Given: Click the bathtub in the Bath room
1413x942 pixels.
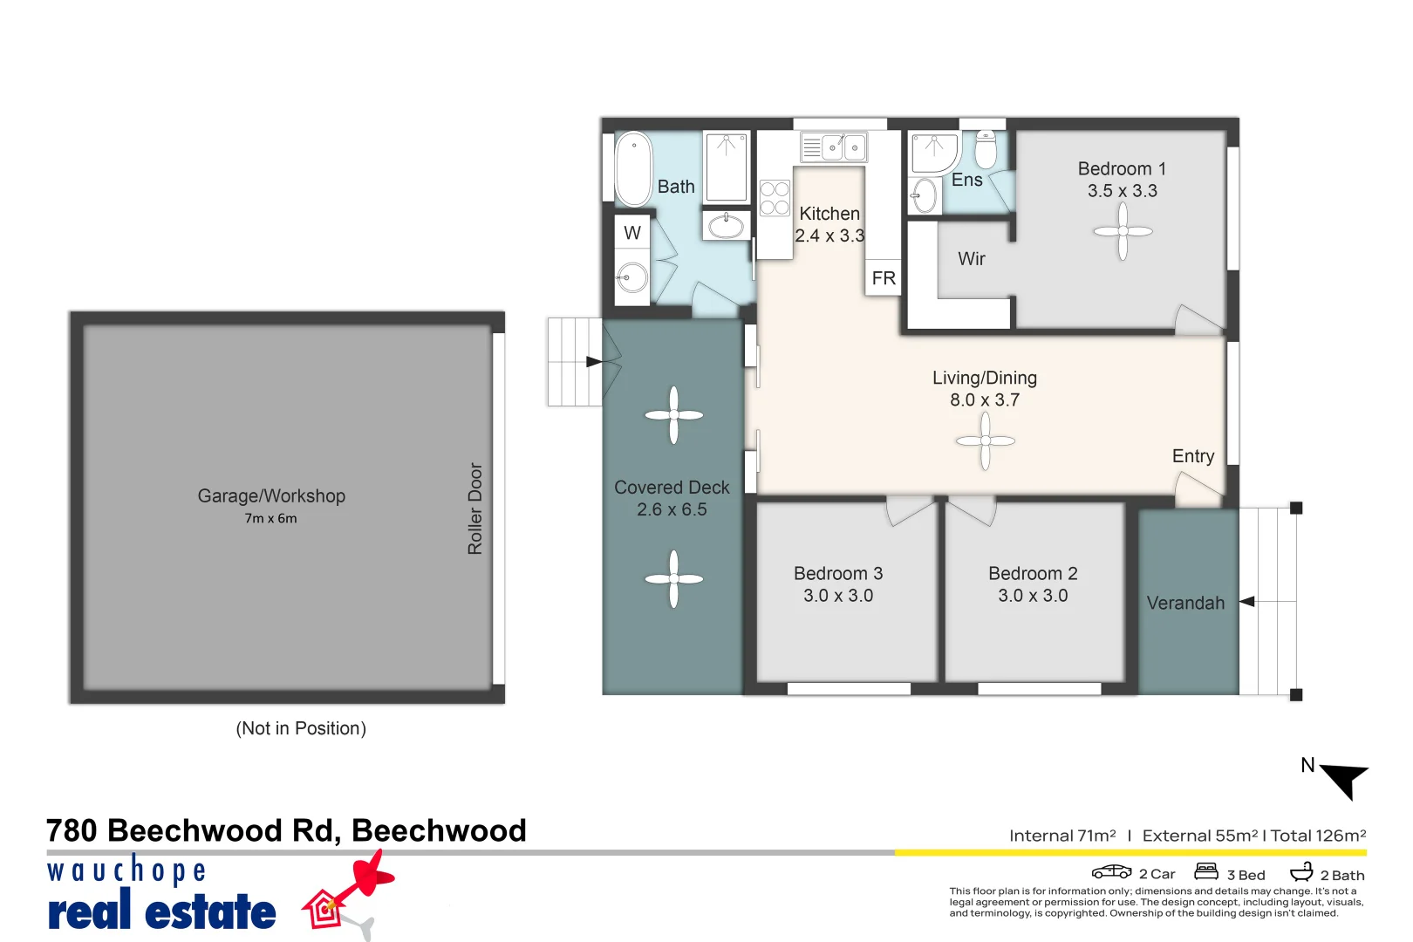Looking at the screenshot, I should (x=634, y=168).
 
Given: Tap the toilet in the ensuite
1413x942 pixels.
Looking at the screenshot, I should (x=986, y=149).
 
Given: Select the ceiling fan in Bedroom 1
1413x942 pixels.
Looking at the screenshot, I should (x=1123, y=231).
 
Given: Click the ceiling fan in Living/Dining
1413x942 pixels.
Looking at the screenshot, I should (x=985, y=440).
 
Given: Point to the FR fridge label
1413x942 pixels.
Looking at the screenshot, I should (x=884, y=278).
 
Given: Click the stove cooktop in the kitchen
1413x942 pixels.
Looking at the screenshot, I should (x=775, y=198).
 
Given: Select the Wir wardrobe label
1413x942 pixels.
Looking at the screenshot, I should (x=972, y=259).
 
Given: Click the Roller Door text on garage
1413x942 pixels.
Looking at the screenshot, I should (x=475, y=509).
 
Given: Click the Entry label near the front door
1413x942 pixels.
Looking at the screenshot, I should (x=1193, y=456).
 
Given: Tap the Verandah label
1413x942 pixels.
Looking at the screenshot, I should (x=1185, y=604).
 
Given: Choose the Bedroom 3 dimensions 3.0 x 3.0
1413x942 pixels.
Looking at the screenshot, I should (x=838, y=596).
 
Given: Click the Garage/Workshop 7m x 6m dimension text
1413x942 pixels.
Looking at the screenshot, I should (x=270, y=519).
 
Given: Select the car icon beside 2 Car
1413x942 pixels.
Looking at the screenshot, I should (x=1111, y=872).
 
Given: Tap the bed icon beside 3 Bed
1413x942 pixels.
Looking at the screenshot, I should (x=1206, y=871).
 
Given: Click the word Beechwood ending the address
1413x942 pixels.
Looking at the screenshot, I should (x=439, y=831).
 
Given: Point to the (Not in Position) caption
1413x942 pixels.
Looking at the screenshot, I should (x=301, y=728).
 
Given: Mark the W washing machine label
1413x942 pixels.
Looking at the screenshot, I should (x=632, y=233).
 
